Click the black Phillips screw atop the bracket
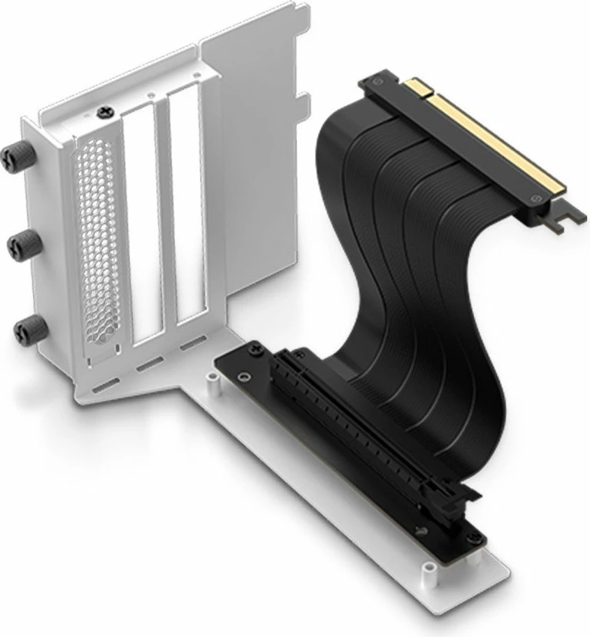coord(105,111)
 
